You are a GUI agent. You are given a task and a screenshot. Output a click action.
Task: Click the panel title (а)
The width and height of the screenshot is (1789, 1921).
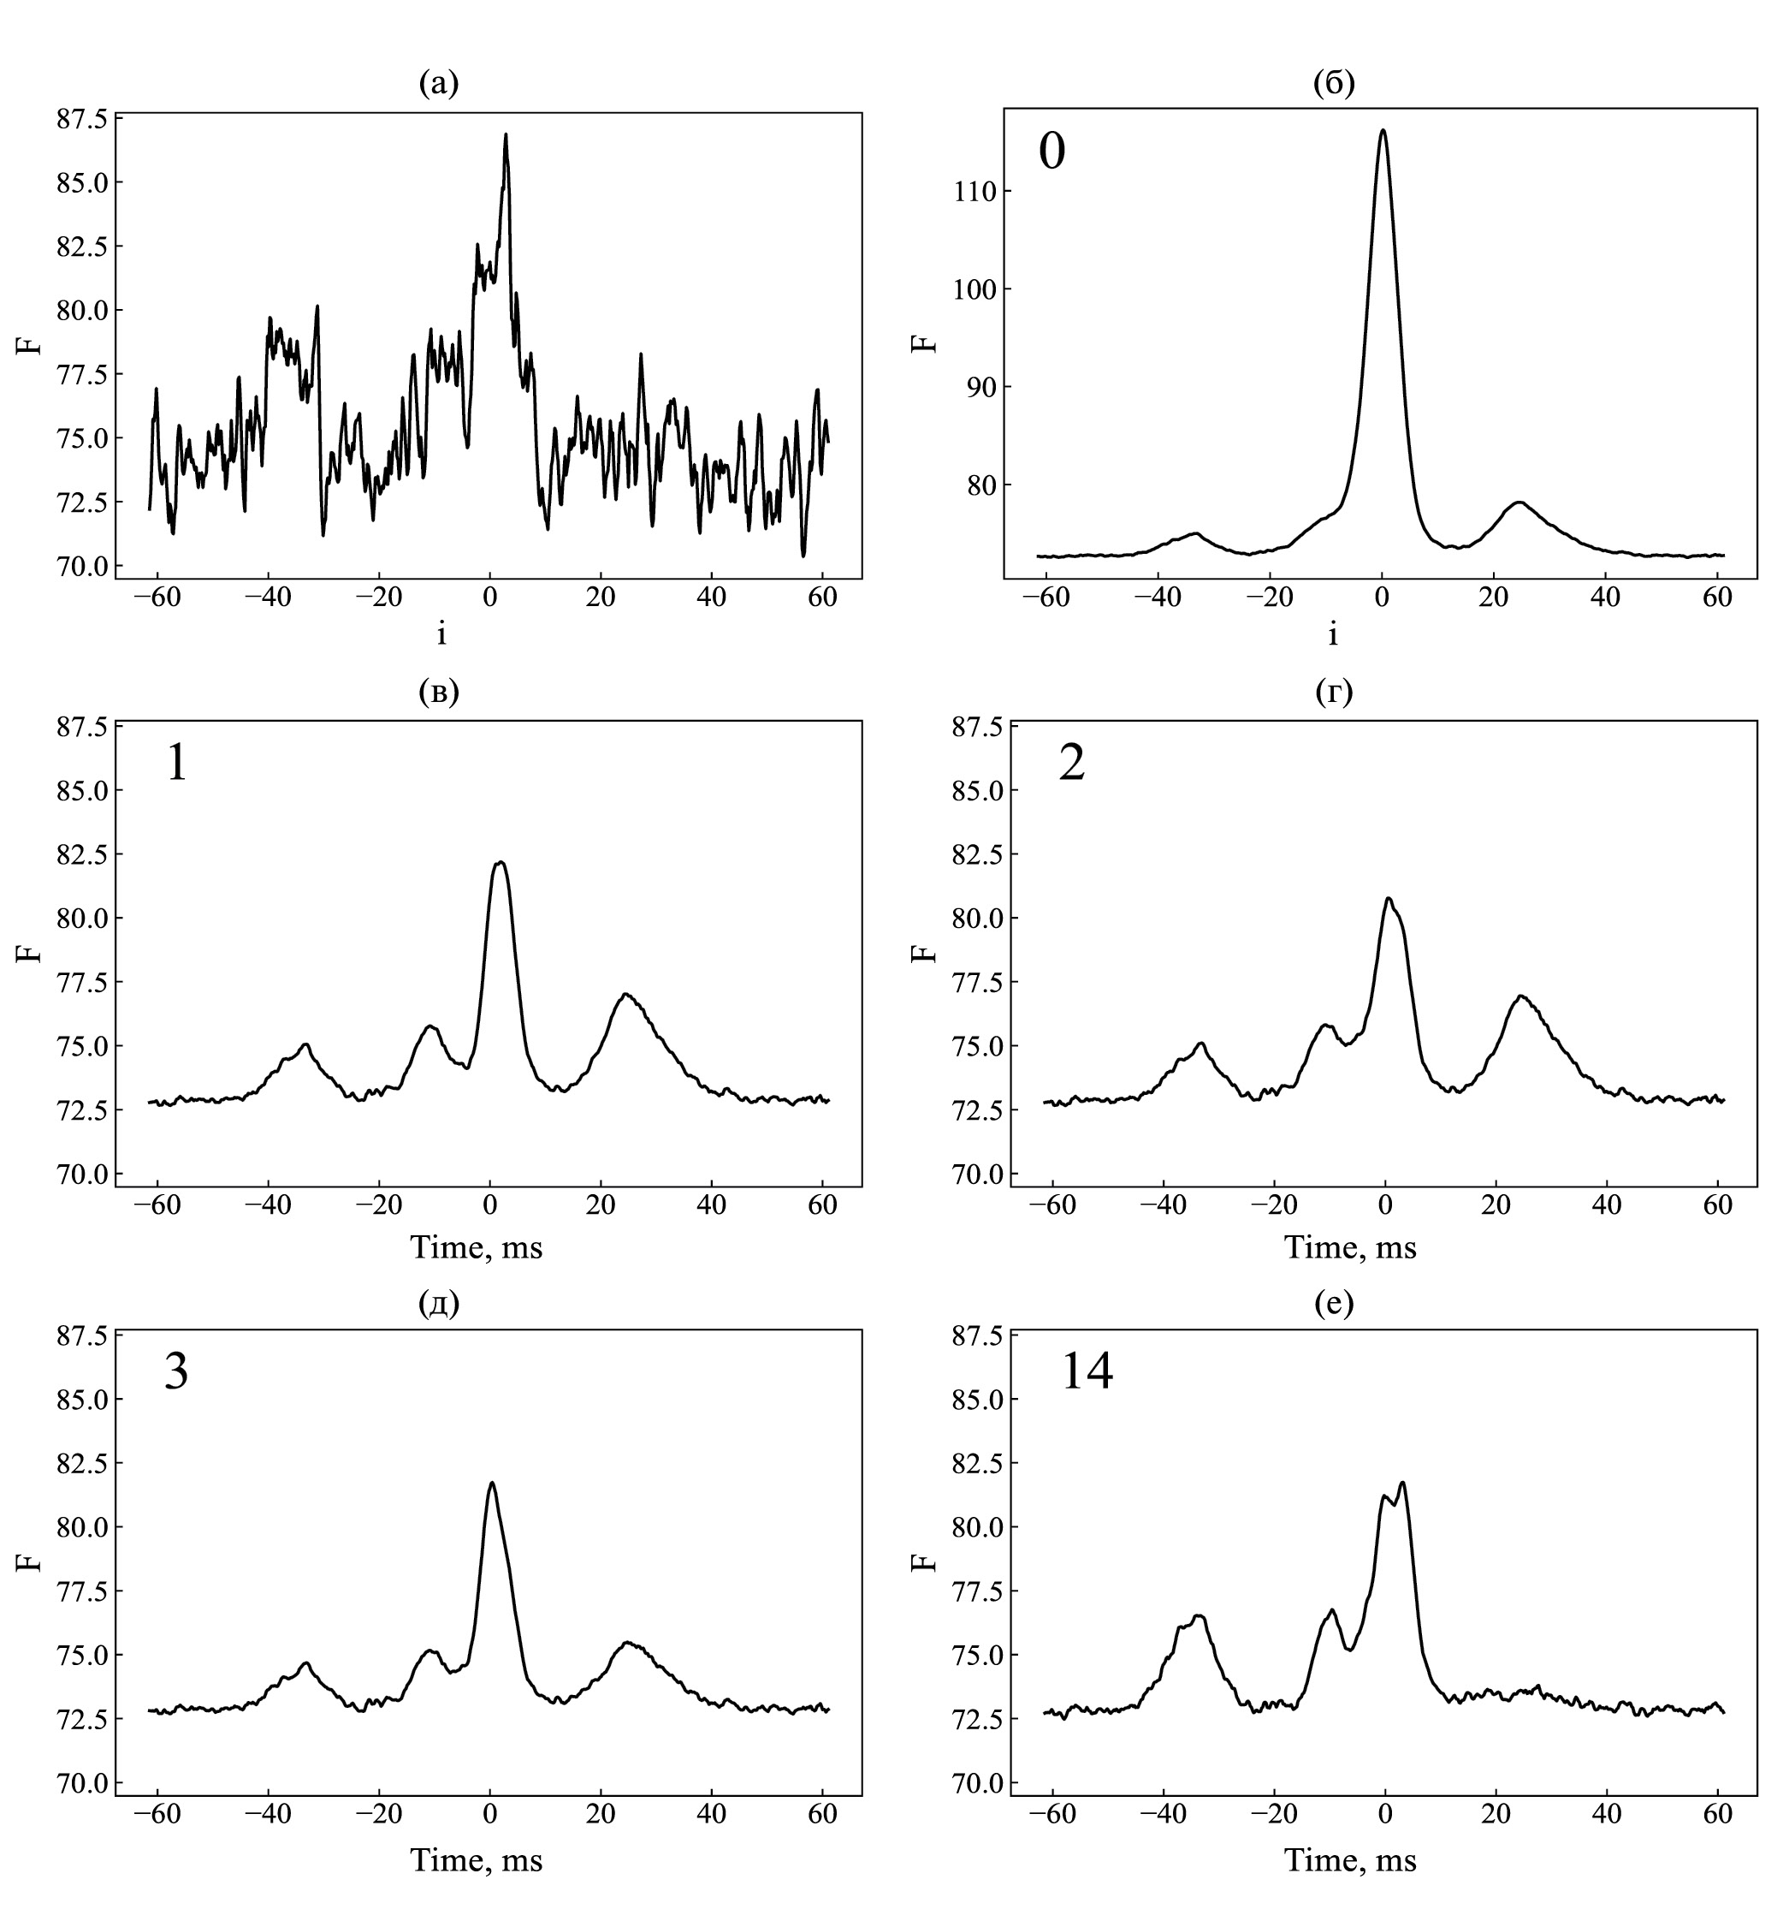tap(439, 84)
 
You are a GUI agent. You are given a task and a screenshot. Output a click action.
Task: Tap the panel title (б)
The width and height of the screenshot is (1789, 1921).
tap(1334, 84)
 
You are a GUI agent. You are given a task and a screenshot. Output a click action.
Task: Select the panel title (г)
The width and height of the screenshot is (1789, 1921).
tap(1334, 692)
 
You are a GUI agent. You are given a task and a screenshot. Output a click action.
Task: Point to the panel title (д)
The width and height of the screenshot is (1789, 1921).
tap(439, 1304)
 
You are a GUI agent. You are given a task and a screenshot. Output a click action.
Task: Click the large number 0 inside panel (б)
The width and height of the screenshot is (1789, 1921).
tap(1052, 152)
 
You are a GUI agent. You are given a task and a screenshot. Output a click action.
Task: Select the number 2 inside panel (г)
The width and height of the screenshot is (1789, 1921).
tap(1072, 764)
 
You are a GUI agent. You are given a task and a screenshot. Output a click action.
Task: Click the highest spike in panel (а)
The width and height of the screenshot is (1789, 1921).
tap(505, 135)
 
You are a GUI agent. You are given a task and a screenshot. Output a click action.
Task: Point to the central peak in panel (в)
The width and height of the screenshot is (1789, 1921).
tap(500, 863)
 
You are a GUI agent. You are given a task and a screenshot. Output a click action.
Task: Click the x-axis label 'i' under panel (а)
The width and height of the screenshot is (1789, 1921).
tap(441, 635)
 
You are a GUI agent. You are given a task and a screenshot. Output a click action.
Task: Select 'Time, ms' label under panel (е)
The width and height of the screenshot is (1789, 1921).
tap(1349, 1860)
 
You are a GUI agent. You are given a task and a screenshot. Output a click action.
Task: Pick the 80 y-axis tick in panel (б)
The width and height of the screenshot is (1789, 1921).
tap(978, 485)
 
